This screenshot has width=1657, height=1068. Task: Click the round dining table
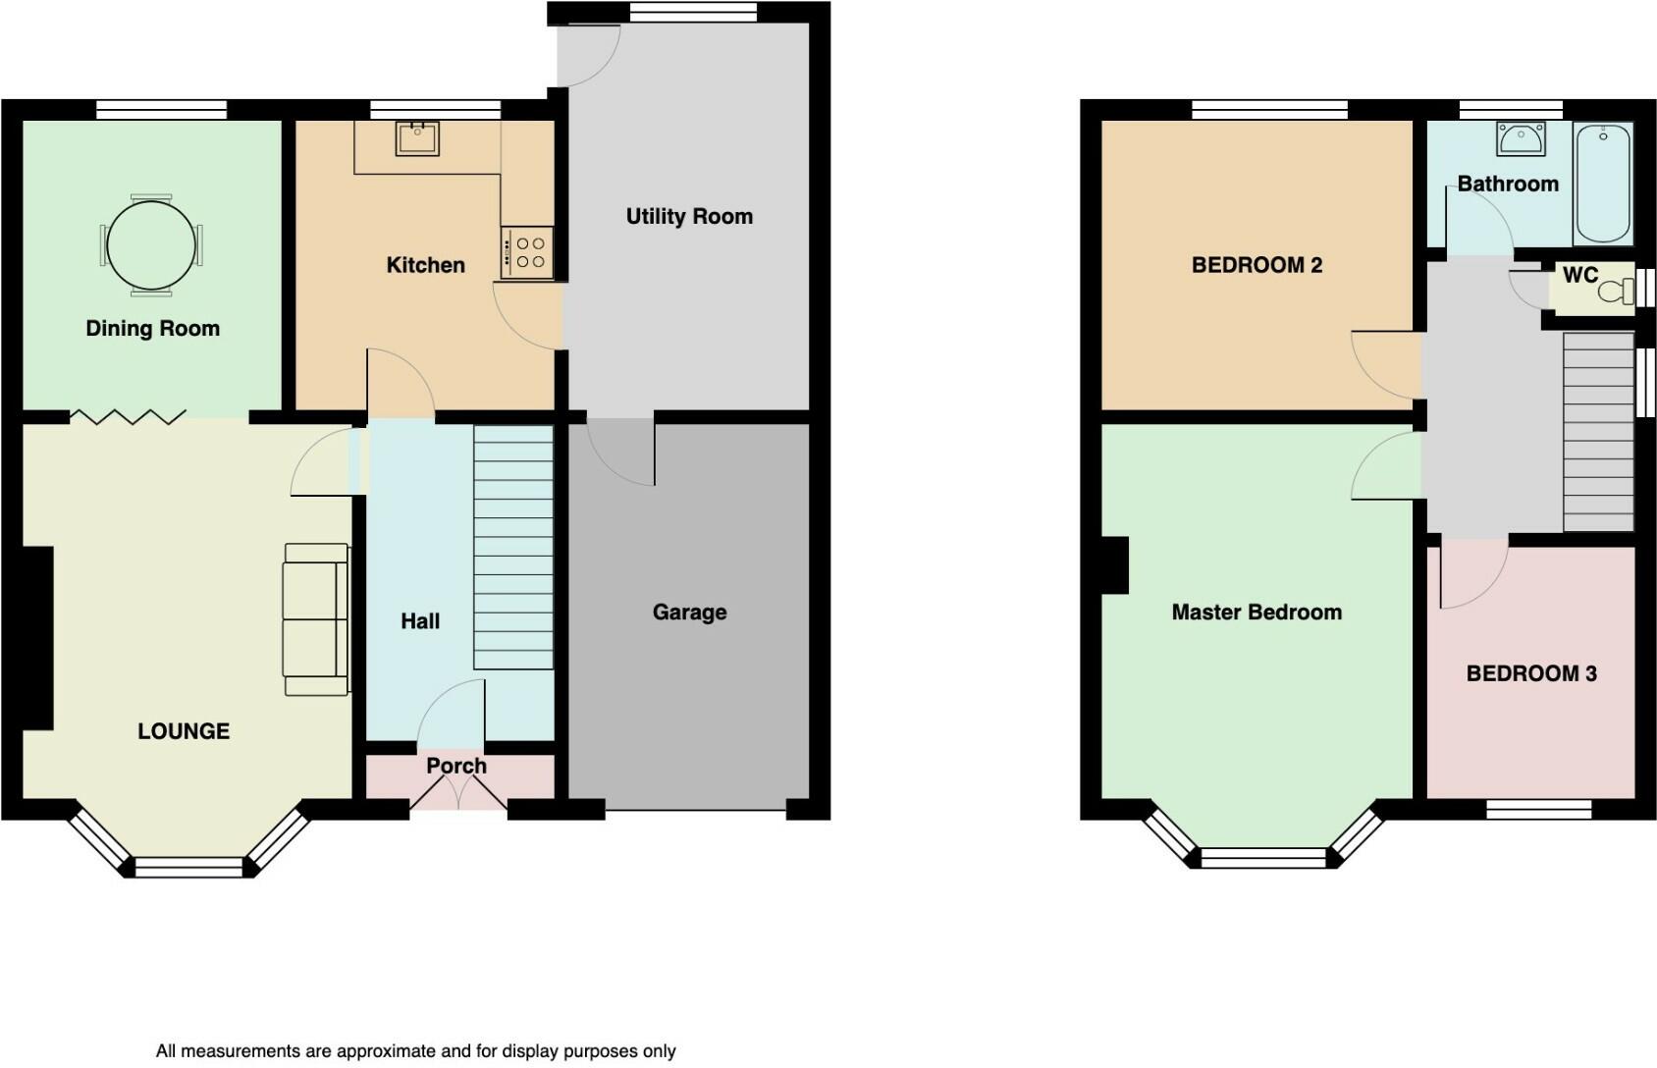click(151, 245)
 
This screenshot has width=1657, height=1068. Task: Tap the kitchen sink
click(417, 139)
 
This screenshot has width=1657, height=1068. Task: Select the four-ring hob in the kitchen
click(527, 253)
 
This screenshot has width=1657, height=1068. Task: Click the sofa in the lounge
click(316, 619)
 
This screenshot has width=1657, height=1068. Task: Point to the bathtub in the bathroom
click(1603, 184)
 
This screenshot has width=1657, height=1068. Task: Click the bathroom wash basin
click(1521, 139)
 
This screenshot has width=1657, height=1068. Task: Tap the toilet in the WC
click(1617, 291)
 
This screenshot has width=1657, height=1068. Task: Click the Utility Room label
click(689, 217)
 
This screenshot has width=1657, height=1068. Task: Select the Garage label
click(689, 613)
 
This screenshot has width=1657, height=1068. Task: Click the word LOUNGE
click(184, 731)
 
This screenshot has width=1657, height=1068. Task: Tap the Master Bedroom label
click(1256, 613)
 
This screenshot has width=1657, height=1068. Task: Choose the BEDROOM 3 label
click(1531, 673)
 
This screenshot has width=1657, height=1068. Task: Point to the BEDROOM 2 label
click(1256, 265)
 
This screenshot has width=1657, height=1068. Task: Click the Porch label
click(456, 767)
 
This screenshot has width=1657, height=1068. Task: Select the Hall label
click(420, 621)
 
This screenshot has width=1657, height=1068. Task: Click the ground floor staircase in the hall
click(513, 548)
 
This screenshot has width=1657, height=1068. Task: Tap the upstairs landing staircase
click(1598, 432)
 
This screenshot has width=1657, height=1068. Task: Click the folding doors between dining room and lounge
click(128, 417)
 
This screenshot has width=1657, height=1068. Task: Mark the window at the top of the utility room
click(694, 12)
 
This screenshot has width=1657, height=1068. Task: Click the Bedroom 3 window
click(1538, 810)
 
